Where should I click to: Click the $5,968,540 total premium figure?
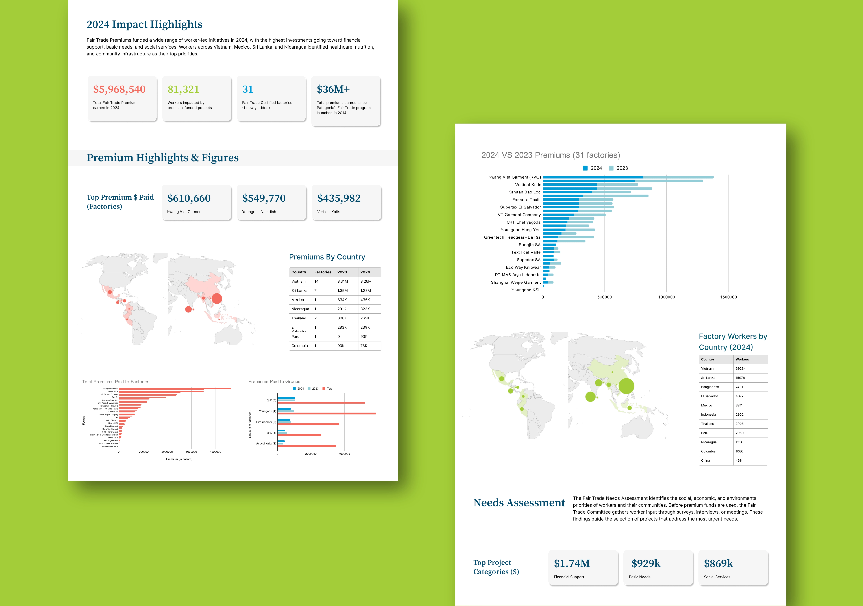(119, 89)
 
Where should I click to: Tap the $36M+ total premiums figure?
(333, 89)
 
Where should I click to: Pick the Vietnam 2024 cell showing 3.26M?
(365, 281)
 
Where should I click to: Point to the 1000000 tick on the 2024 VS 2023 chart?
(666, 297)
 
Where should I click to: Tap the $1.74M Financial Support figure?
(572, 564)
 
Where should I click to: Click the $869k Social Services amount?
(718, 564)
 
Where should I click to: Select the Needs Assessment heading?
(519, 503)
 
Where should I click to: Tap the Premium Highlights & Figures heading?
(162, 158)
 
